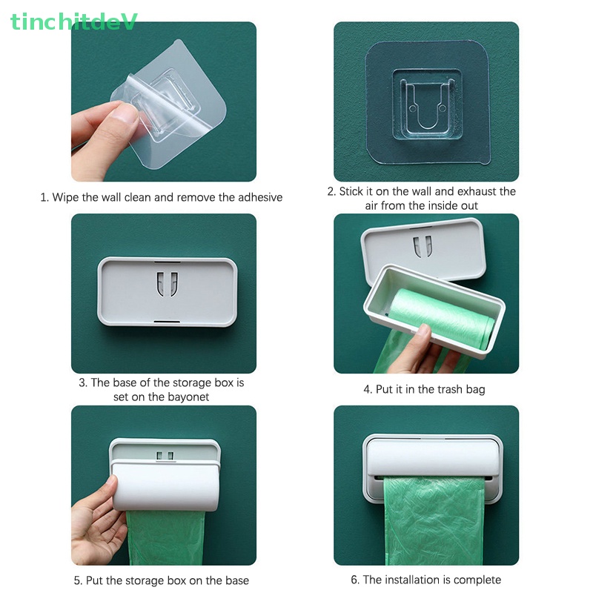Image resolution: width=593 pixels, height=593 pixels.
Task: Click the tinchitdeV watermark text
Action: [74, 22]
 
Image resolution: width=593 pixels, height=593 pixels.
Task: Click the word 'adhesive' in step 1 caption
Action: [258, 197]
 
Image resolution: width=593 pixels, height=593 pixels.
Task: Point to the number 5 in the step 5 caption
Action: [78, 580]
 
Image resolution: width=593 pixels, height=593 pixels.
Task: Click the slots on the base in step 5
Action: [164, 453]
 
